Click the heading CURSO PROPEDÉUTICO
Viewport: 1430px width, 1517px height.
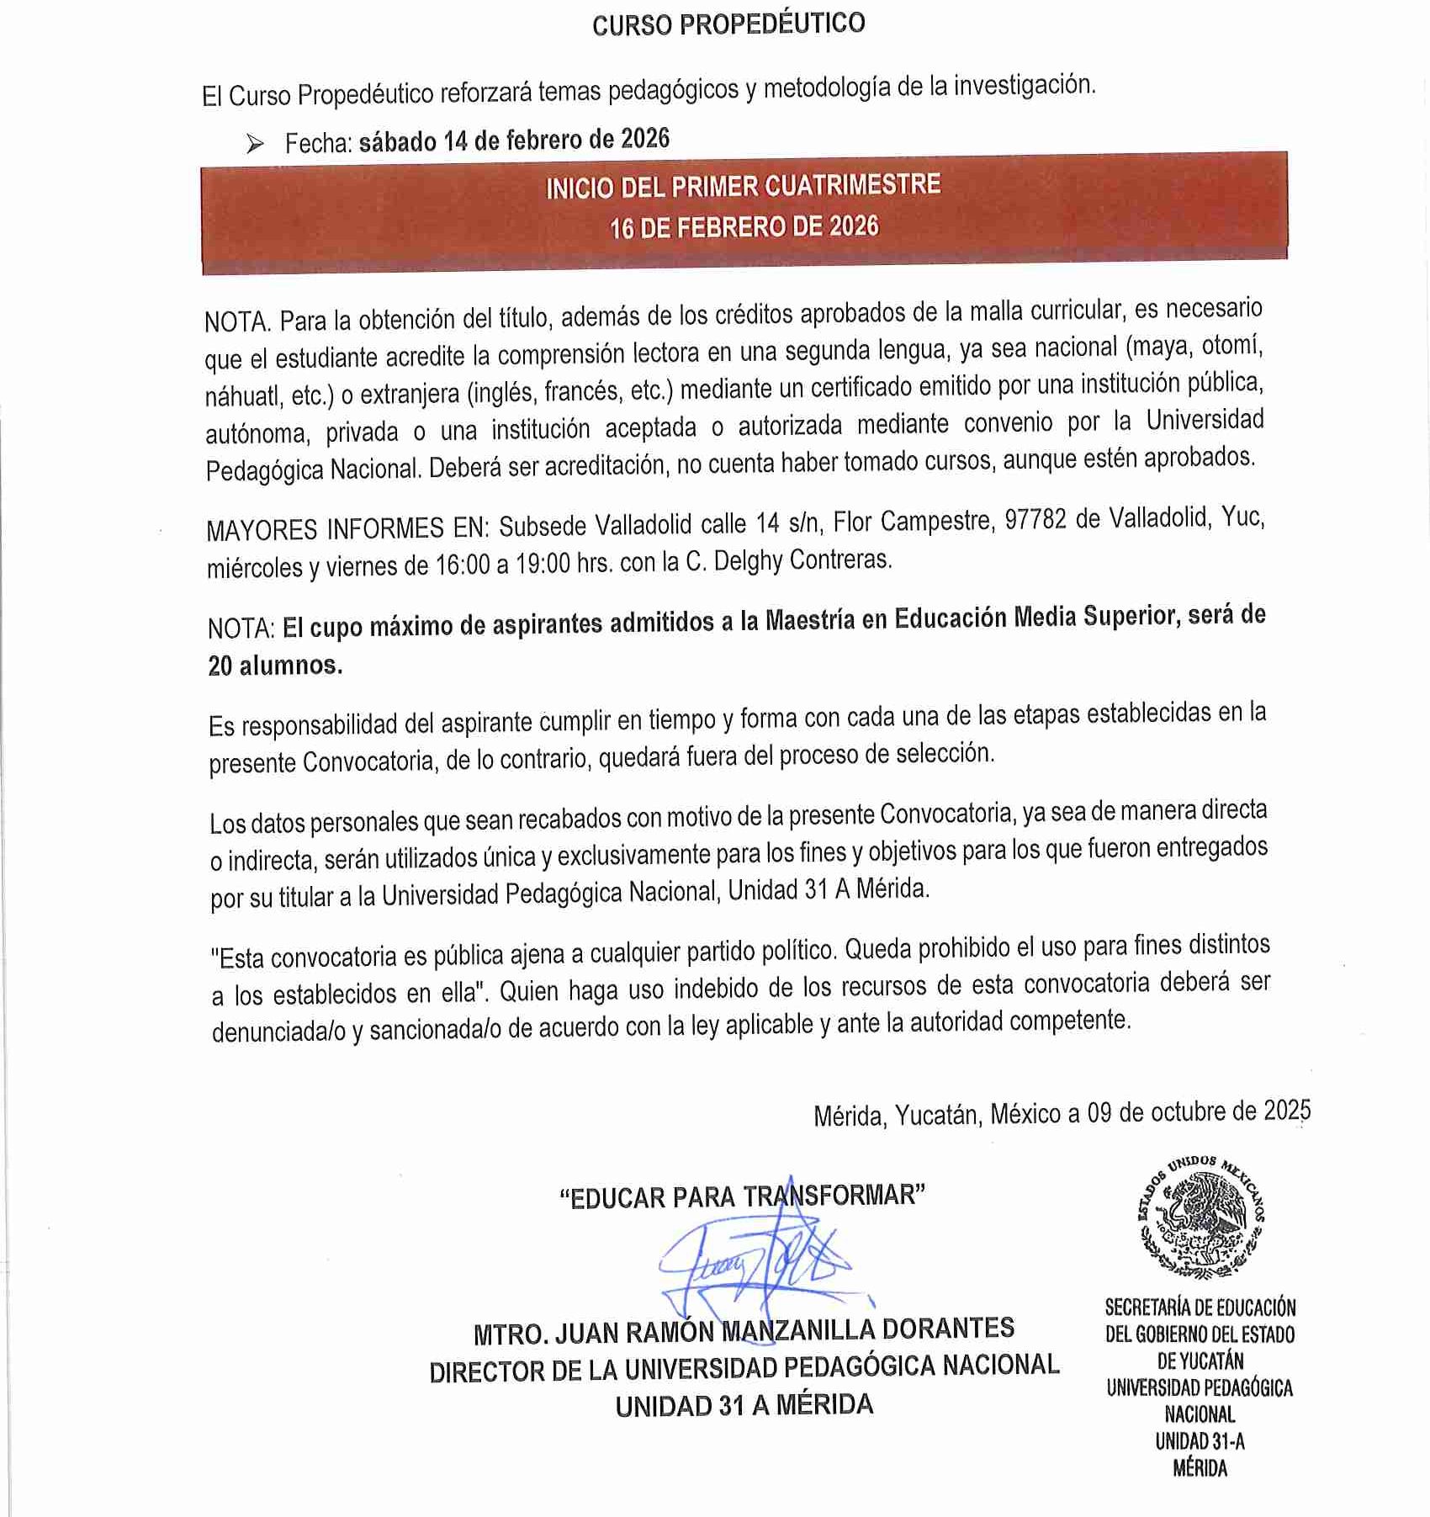[728, 24]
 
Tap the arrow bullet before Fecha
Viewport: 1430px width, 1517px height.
[255, 145]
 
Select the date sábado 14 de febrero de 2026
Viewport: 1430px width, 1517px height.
[514, 141]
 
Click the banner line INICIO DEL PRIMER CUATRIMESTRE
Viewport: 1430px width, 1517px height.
[744, 186]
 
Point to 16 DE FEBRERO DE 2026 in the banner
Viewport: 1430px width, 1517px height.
[744, 226]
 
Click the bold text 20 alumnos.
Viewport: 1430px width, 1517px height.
[275, 666]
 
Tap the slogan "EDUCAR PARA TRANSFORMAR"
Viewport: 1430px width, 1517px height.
[742, 1196]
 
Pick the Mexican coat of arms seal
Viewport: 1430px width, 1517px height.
[1200, 1216]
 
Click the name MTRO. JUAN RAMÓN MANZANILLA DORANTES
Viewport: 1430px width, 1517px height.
[744, 1332]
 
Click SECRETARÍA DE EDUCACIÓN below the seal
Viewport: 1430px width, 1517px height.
[1200, 1307]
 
